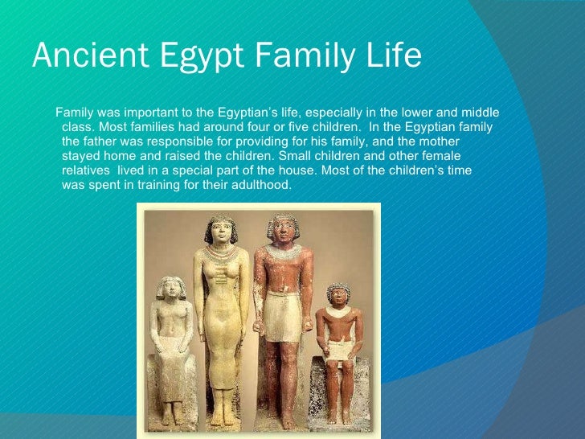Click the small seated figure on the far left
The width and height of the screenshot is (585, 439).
pyautogui.click(x=170, y=346)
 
